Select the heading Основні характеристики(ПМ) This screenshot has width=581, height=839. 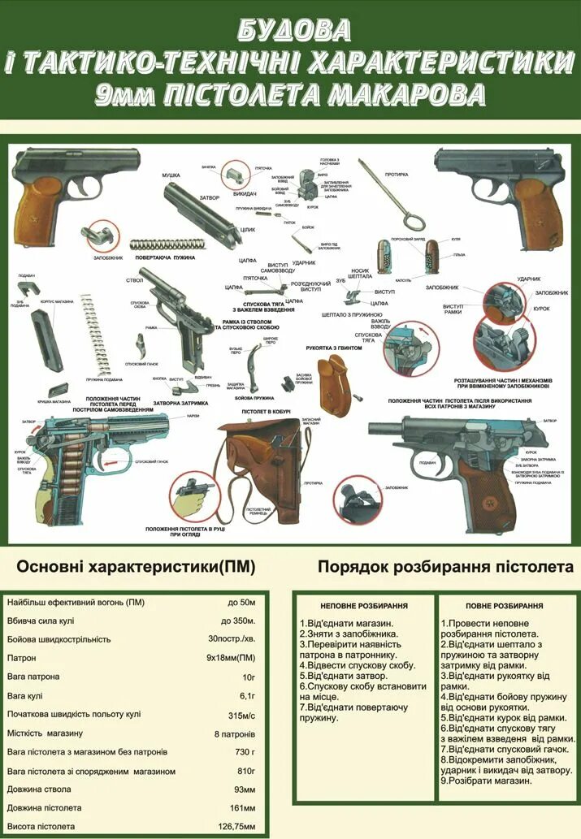[x=136, y=566]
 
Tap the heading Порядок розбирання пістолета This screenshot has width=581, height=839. [x=445, y=566]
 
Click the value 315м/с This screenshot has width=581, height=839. [x=241, y=714]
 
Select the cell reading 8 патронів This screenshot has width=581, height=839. [x=236, y=733]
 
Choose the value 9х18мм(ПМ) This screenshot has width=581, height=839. [x=231, y=658]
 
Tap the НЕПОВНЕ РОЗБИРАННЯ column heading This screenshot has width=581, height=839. [x=363, y=606]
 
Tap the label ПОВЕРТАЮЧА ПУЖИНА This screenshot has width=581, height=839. [x=166, y=257]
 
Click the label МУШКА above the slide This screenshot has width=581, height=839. [x=171, y=175]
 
